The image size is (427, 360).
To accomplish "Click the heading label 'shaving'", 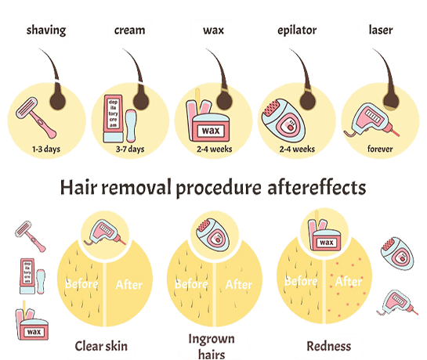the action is (x=46, y=31).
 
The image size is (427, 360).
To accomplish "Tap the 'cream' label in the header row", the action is (x=129, y=31).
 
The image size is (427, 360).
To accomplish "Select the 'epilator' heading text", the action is (x=297, y=31).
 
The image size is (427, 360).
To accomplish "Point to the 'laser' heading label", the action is (x=381, y=30).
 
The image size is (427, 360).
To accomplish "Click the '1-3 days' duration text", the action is (x=46, y=149).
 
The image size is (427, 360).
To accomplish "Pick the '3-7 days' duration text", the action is (x=130, y=149).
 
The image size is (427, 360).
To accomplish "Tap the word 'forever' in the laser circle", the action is (x=380, y=149).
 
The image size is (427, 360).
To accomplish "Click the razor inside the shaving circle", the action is (x=36, y=118).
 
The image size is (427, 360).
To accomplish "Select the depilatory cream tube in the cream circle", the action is (x=113, y=118).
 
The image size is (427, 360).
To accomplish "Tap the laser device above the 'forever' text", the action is (x=372, y=120).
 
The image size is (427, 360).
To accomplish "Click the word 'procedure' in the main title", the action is (x=219, y=189).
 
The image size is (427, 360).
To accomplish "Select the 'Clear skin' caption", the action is (x=101, y=346).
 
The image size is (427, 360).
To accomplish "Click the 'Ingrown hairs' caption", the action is (x=212, y=347).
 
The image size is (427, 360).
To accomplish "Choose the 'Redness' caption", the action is (x=329, y=346).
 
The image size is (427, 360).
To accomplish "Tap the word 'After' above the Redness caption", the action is (x=349, y=282).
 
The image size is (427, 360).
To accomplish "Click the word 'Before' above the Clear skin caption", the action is (x=81, y=284).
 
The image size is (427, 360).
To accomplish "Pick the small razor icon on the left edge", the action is (x=31, y=236).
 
